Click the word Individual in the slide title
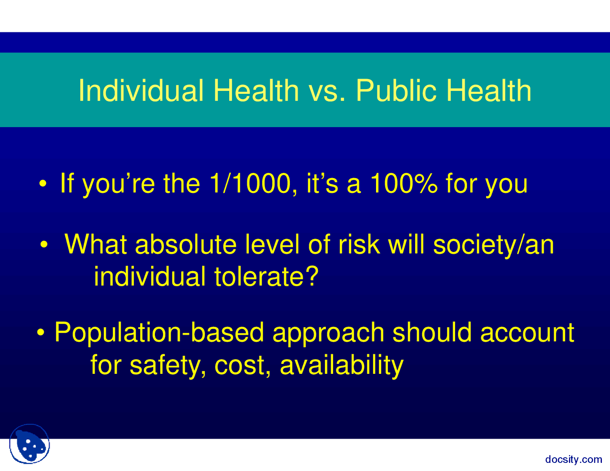(141, 90)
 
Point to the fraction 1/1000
(249, 183)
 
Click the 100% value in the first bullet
(403, 183)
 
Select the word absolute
(186, 244)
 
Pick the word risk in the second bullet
(359, 244)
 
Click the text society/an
(493, 245)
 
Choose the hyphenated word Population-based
(159, 333)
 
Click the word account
(527, 333)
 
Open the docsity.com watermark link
(573, 459)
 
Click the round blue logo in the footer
(30, 444)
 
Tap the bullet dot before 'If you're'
(43, 184)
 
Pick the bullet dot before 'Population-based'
(41, 332)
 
